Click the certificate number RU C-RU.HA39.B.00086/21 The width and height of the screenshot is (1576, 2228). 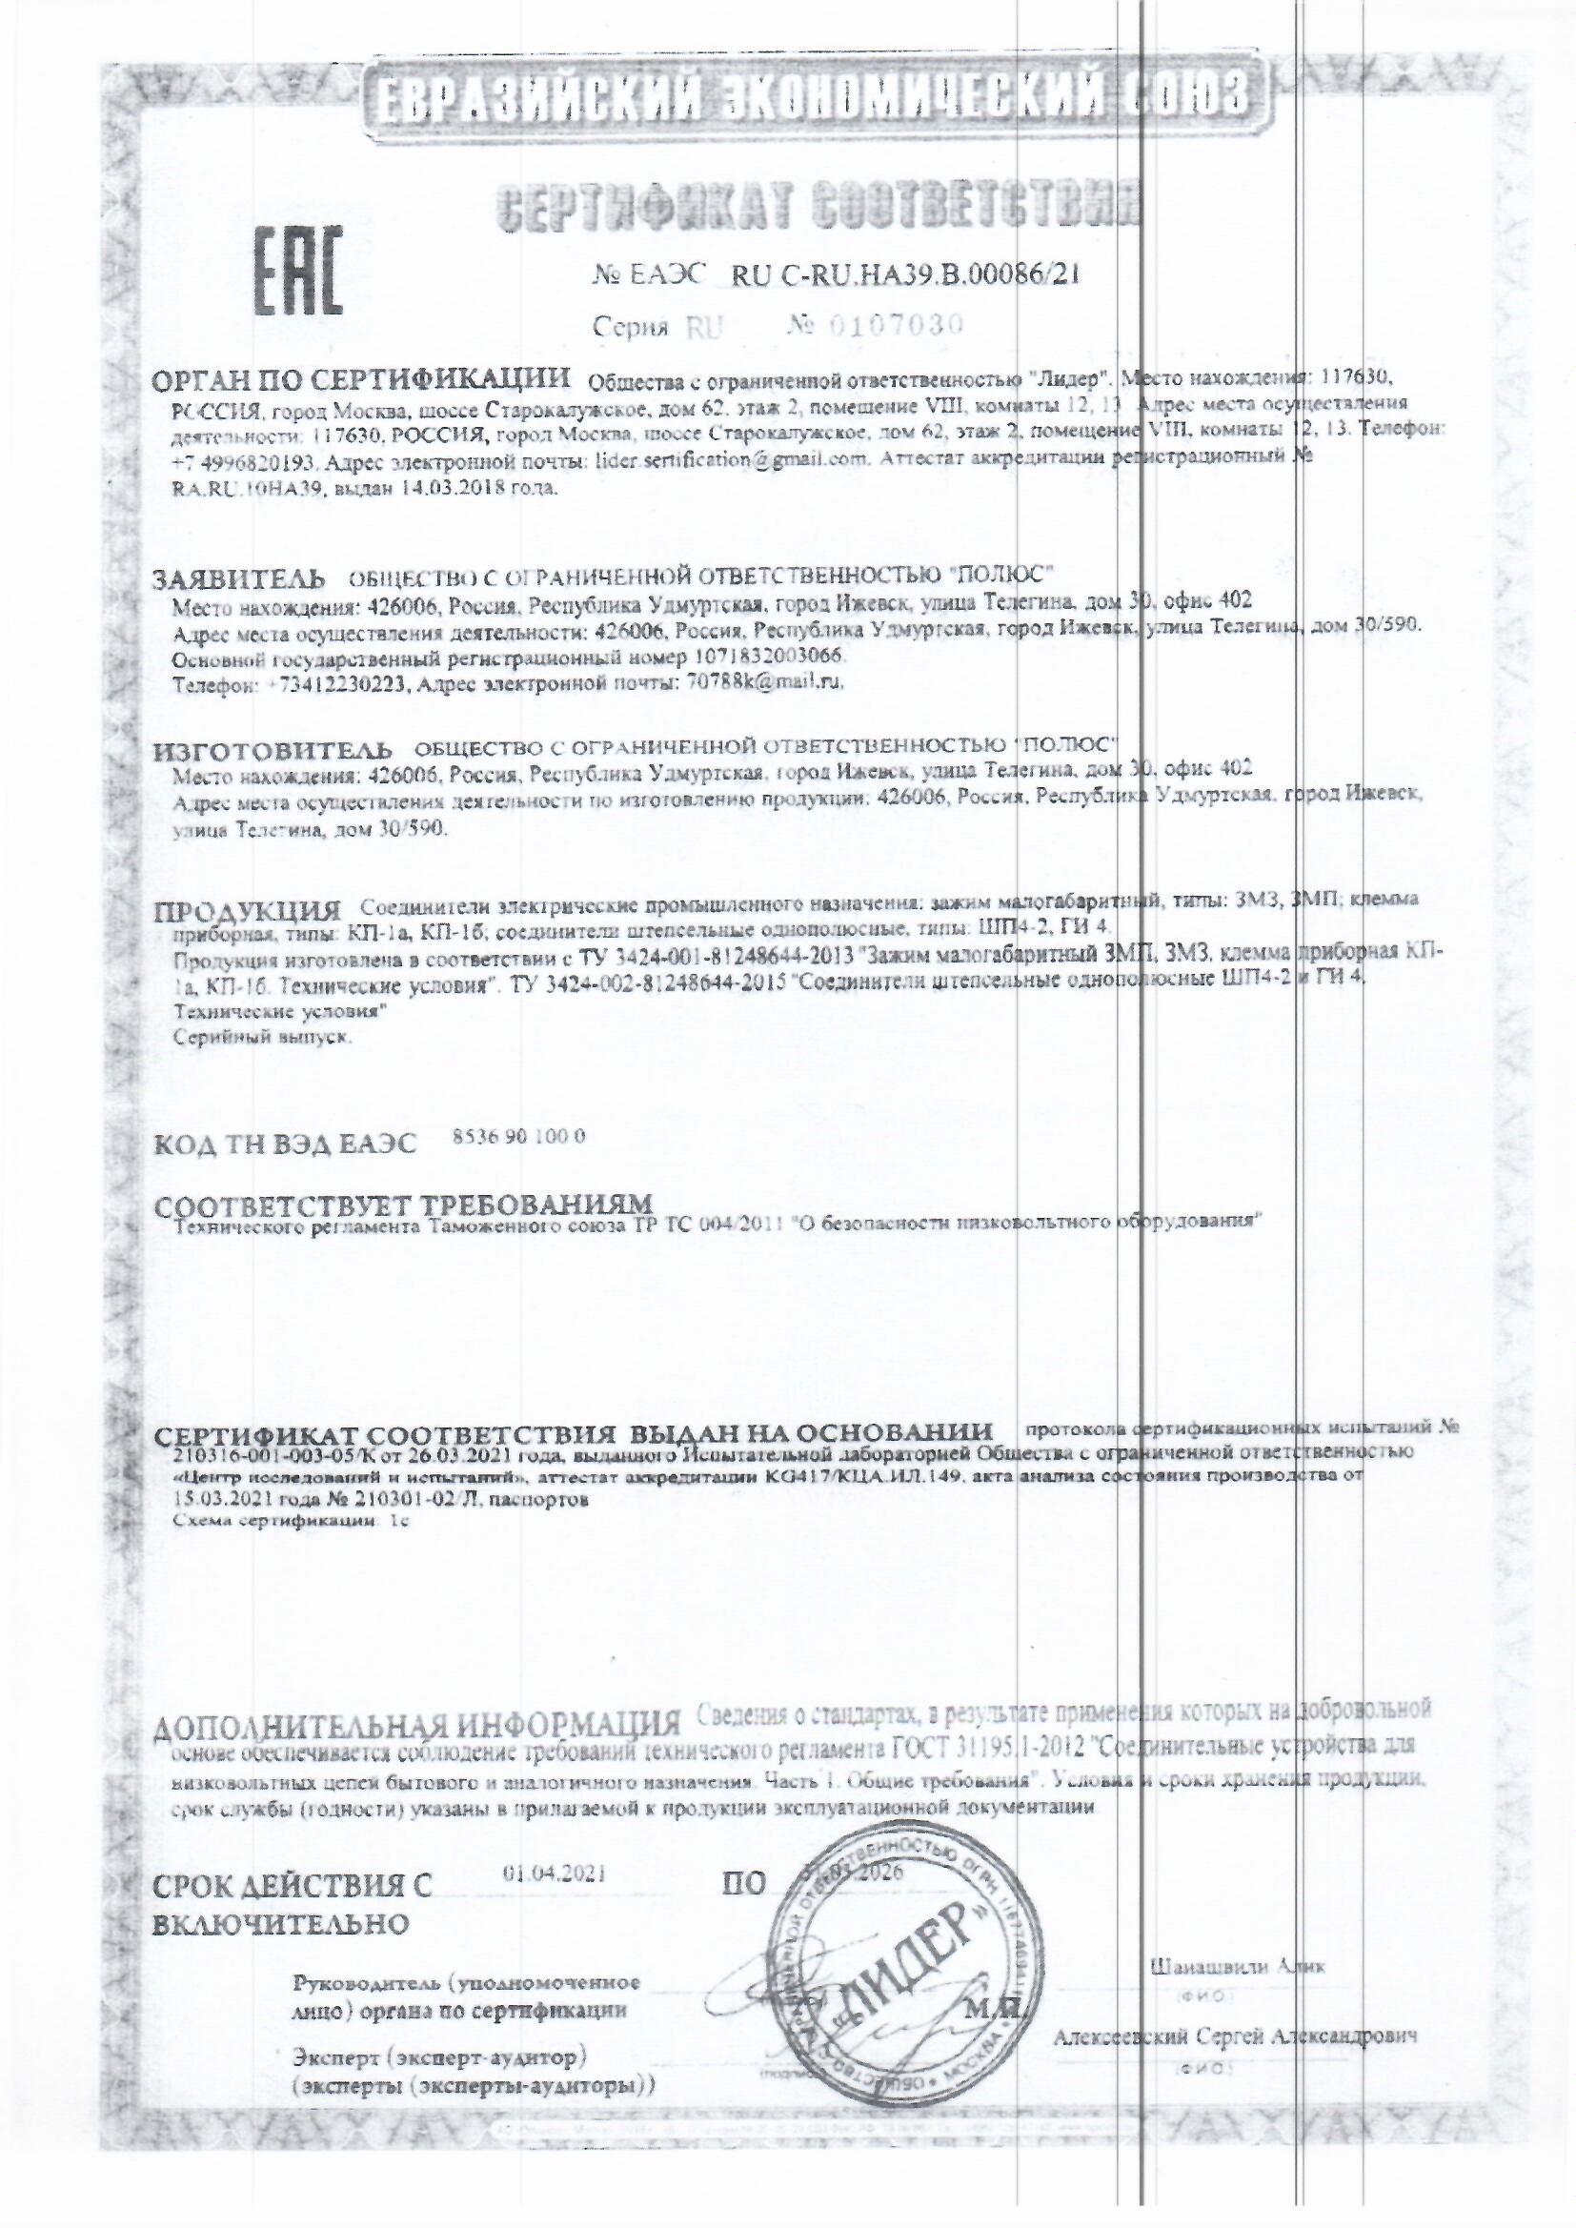coord(903,275)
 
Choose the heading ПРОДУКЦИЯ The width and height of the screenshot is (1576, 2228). coord(249,911)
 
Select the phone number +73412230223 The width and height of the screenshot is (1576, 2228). coord(334,685)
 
